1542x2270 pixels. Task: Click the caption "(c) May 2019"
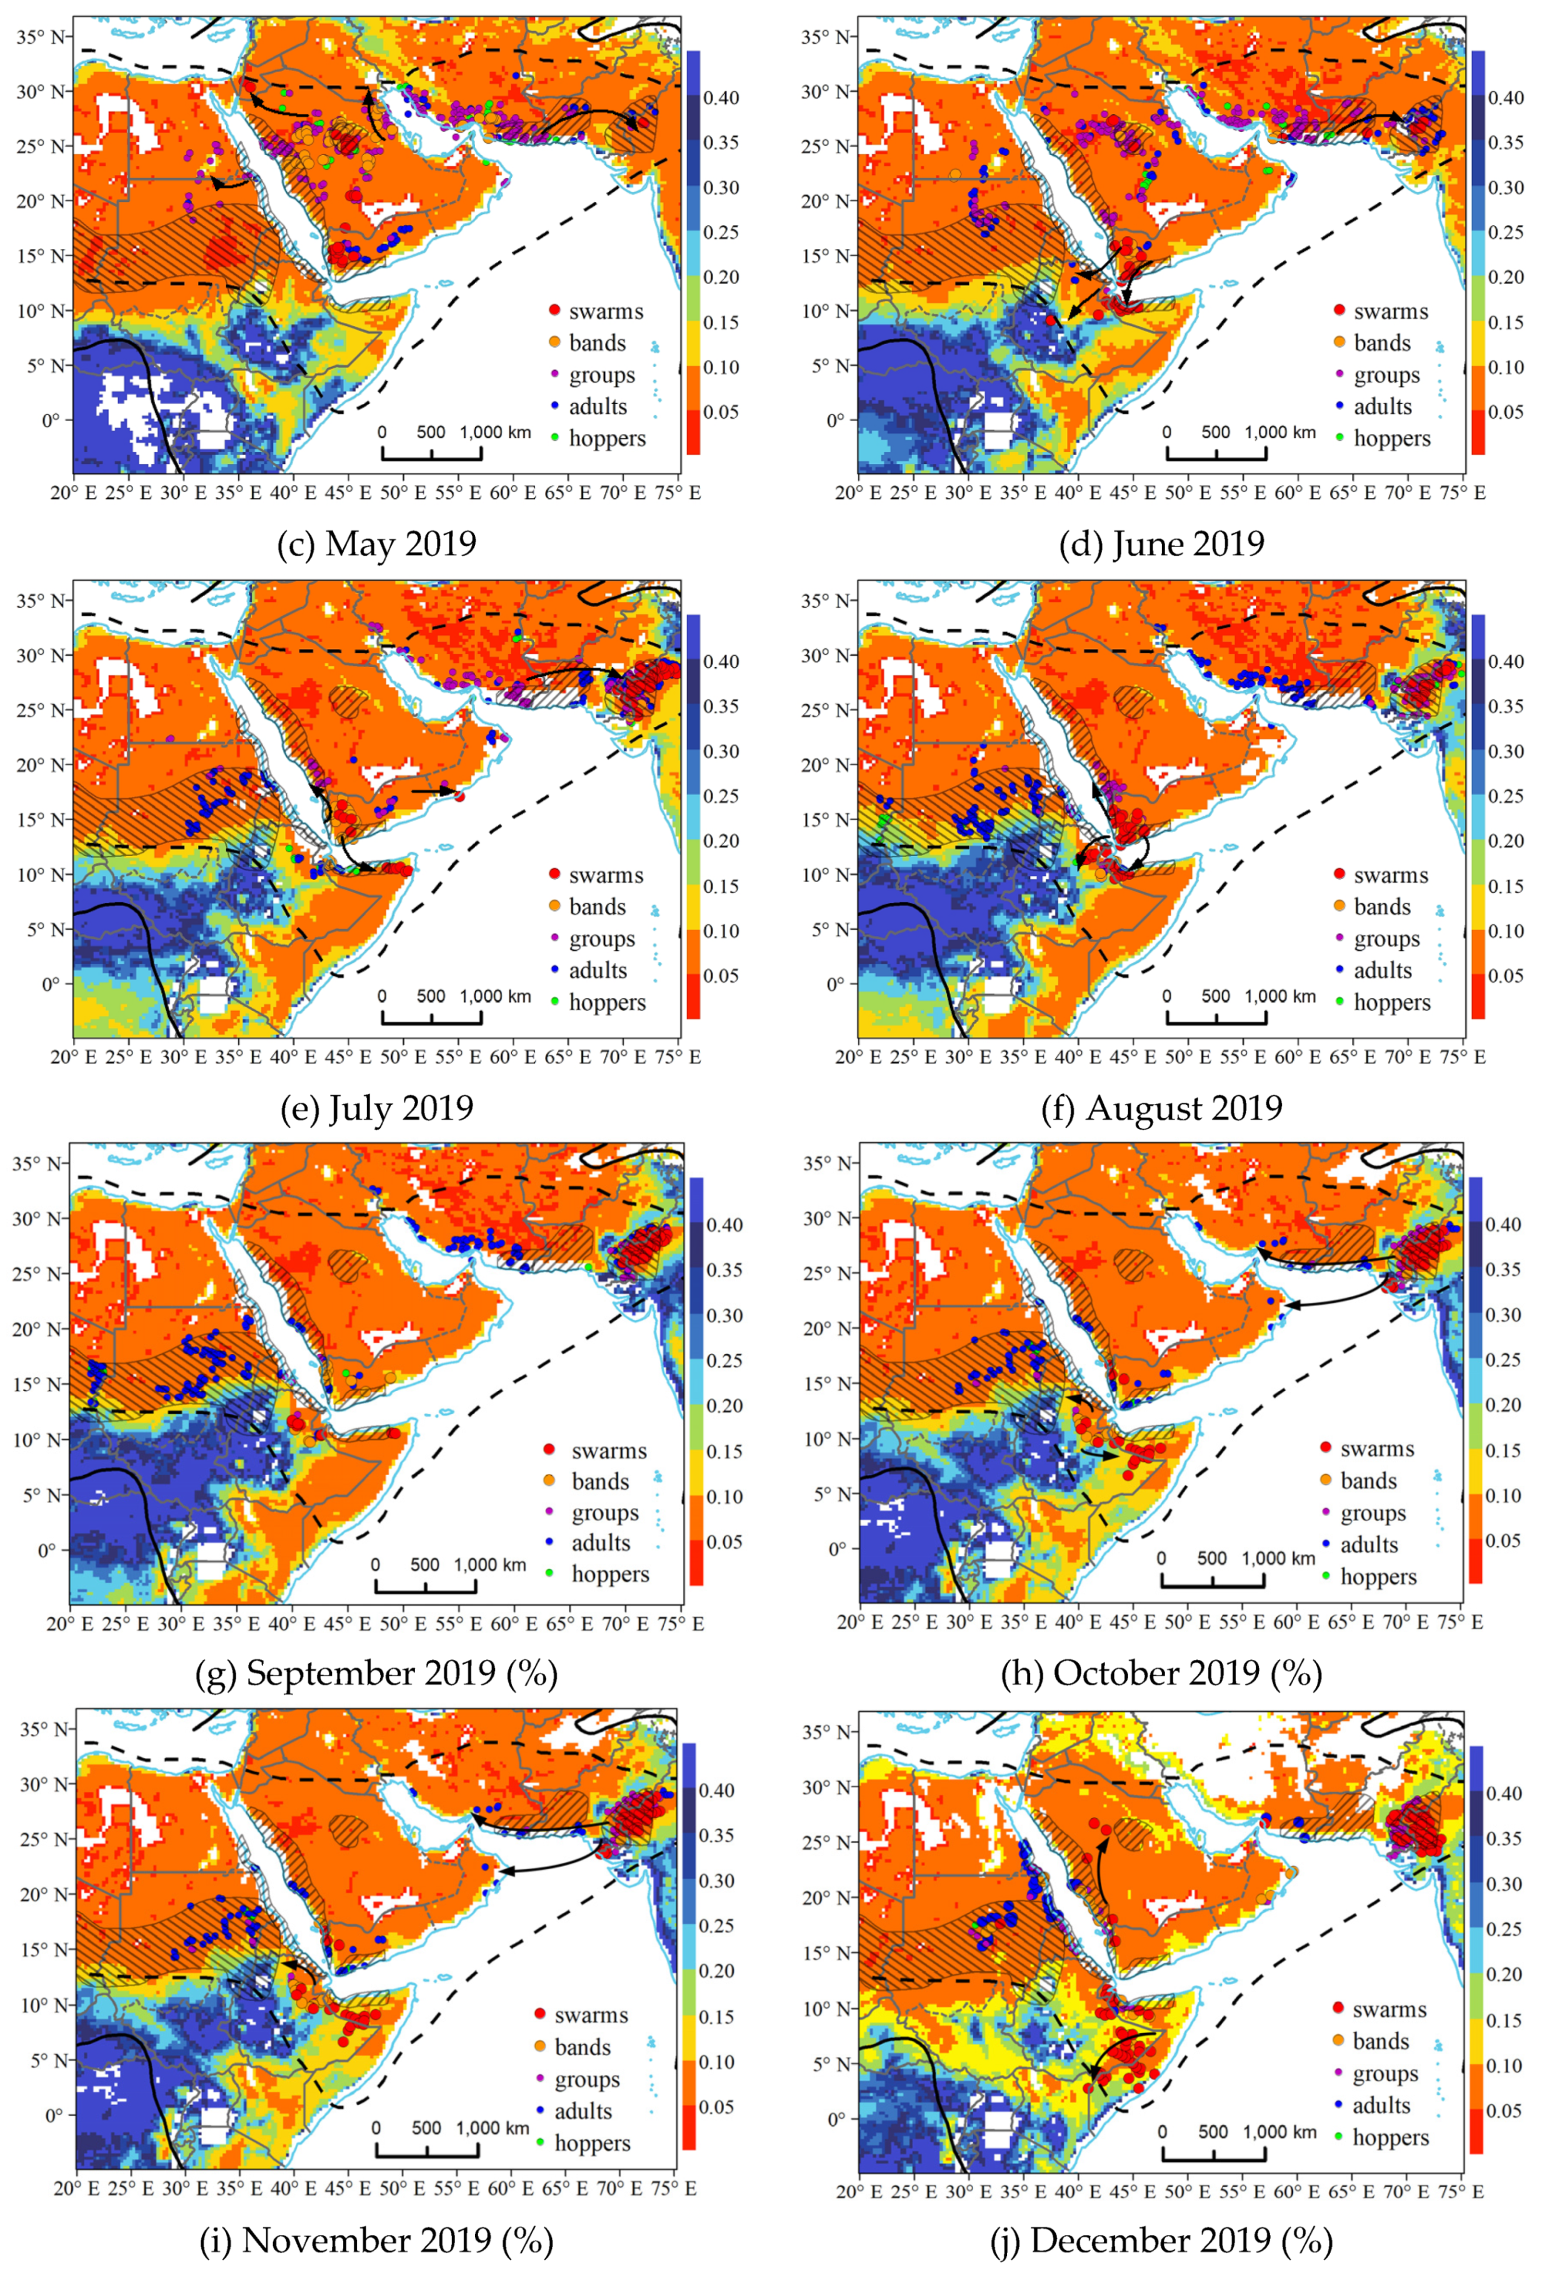point(376,543)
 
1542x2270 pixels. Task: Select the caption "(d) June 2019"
point(1161,543)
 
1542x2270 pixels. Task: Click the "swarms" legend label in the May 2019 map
point(606,311)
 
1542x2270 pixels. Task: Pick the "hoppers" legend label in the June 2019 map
point(1391,439)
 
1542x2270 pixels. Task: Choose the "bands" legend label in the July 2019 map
point(597,907)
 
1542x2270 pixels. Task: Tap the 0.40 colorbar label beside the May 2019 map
point(721,98)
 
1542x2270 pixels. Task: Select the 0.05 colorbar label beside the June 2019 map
point(1505,412)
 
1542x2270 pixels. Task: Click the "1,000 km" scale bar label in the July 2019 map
point(495,997)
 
